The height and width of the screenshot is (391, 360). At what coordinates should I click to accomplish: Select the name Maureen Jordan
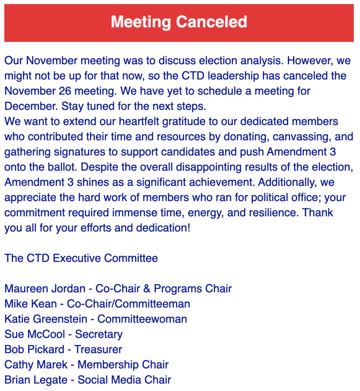click(x=45, y=288)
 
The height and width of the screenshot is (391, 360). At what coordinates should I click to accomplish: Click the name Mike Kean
click(x=32, y=303)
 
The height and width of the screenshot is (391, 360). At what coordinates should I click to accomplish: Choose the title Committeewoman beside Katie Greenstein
click(x=142, y=319)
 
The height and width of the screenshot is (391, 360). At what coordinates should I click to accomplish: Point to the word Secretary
click(x=98, y=334)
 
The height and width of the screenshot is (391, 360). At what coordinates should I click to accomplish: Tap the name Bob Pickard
click(x=34, y=349)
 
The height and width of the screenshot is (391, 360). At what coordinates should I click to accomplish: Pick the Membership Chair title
click(x=123, y=365)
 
